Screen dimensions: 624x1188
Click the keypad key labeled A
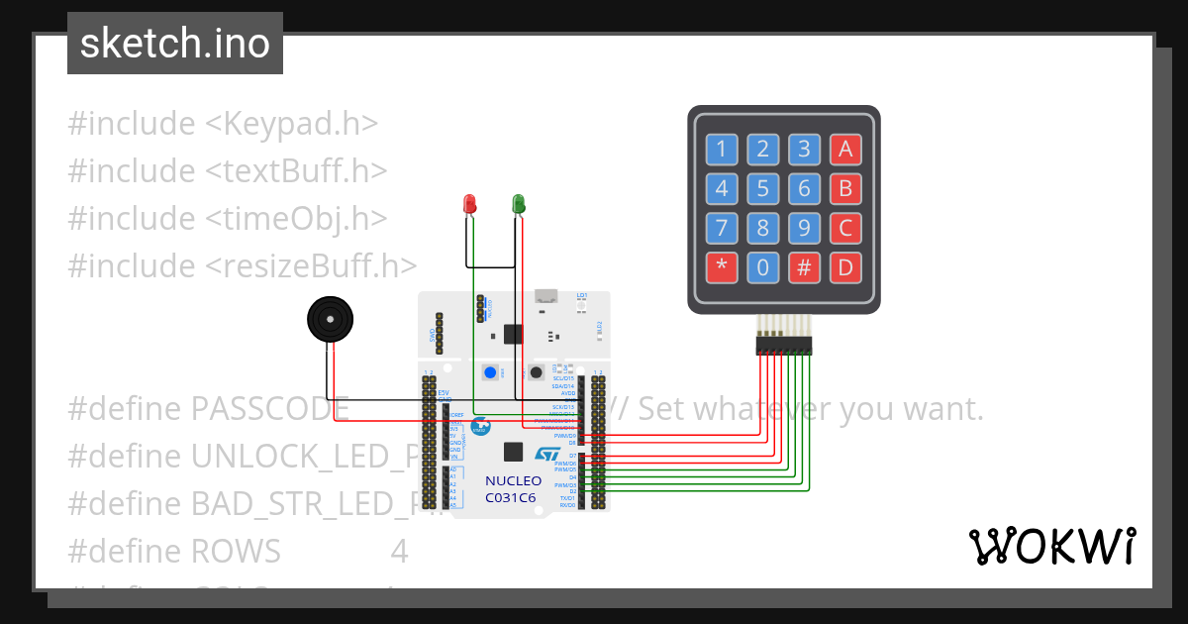click(x=845, y=150)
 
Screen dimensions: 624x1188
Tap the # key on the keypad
click(x=804, y=267)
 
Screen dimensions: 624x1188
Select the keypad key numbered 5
click(x=762, y=189)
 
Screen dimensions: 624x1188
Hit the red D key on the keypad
click(x=845, y=267)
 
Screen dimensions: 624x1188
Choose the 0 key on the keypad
click(x=762, y=267)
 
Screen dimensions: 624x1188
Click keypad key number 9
click(x=804, y=229)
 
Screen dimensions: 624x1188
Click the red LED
click(x=470, y=204)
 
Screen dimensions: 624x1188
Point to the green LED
click(x=518, y=204)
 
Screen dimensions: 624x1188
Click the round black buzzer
click(x=328, y=320)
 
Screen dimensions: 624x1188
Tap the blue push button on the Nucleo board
click(x=490, y=373)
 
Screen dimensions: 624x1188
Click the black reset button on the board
click(x=536, y=373)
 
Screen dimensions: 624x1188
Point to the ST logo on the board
click(x=547, y=454)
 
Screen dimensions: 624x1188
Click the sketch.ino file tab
click(x=175, y=44)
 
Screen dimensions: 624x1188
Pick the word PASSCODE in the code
click(x=270, y=408)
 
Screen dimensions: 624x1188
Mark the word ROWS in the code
click(x=236, y=551)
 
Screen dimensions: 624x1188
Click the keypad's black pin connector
click(x=783, y=345)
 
